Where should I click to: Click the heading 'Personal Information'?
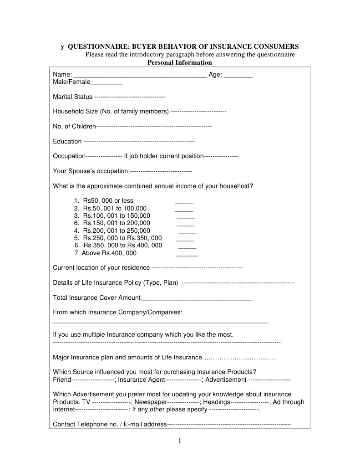(180, 62)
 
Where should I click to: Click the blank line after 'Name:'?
(140, 75)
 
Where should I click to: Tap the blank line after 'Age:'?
(238, 75)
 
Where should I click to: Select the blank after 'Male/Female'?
(106, 83)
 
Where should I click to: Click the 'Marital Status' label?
(72, 97)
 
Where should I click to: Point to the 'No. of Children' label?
(74, 126)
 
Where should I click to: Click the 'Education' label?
(67, 141)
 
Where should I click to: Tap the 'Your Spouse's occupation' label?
(91, 171)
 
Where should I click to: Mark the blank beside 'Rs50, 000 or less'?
(184, 201)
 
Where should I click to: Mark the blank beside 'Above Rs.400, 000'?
(187, 254)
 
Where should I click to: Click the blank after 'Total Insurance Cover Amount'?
(196, 298)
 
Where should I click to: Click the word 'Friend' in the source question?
(62, 379)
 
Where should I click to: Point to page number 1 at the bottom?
(180, 440)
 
